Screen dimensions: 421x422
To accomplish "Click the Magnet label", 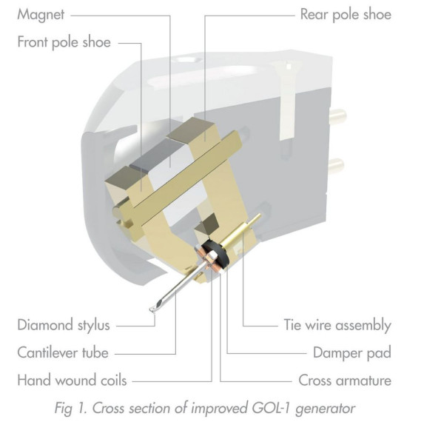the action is pyautogui.click(x=41, y=15).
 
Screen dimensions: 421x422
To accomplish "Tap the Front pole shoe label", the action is pyautogui.click(x=64, y=42).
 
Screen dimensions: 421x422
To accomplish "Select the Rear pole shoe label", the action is pyautogui.click(x=346, y=15).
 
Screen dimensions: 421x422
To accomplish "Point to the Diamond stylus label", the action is pyautogui.click(x=64, y=324).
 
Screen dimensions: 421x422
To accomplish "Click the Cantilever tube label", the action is pyautogui.click(x=63, y=352).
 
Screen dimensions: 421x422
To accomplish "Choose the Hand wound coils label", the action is pyautogui.click(x=72, y=380).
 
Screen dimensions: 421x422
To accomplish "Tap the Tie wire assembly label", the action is pyautogui.click(x=337, y=325).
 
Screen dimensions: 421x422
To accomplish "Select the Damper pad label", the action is pyautogui.click(x=352, y=353).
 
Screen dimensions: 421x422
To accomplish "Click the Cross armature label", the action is pyautogui.click(x=345, y=381).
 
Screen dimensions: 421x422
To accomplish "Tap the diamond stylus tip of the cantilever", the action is pyautogui.click(x=152, y=309).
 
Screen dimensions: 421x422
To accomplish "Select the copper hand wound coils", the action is pyautogui.click(x=210, y=261).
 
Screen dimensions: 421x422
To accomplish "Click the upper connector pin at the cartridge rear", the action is pyautogui.click(x=337, y=116).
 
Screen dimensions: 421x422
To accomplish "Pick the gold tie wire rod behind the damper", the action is pyautogui.click(x=244, y=229).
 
